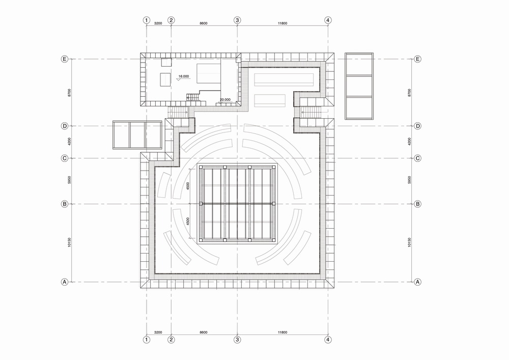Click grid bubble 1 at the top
coord(147,20)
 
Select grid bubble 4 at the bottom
coord(328,339)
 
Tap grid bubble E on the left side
coord(65,59)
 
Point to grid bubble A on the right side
coord(417,282)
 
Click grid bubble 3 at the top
coord(237,20)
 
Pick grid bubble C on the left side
coord(65,158)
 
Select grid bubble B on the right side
coord(417,204)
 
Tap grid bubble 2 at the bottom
coord(171,339)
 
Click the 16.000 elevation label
coord(183,76)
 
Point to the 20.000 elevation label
coord(224,100)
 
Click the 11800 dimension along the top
coord(282,23)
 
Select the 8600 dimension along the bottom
coord(204,333)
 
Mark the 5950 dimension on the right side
coord(410,181)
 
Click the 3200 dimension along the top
coord(158,23)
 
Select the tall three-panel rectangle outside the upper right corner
coord(359,86)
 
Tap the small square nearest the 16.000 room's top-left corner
coord(166,63)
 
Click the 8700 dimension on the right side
coord(410,92)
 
